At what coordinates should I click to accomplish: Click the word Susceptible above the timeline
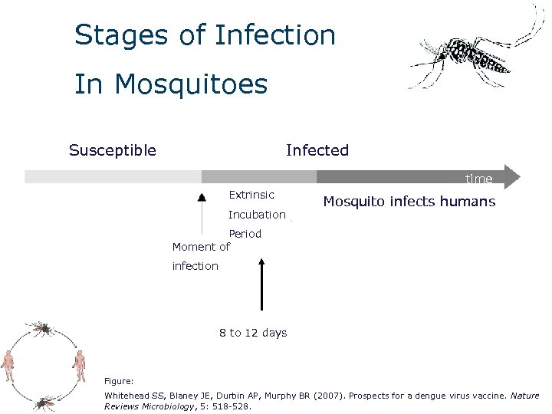pyautogui.click(x=113, y=150)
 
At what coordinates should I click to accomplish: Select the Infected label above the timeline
pyautogui.click(x=317, y=150)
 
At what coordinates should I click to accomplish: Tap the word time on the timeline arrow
pyautogui.click(x=478, y=179)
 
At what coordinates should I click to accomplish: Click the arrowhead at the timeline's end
pyautogui.click(x=513, y=177)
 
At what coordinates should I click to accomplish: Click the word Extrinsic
pyautogui.click(x=251, y=195)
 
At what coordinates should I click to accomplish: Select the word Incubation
pyautogui.click(x=257, y=215)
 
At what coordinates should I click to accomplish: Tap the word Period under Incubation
pyautogui.click(x=245, y=234)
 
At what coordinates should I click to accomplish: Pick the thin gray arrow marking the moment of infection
pyautogui.click(x=202, y=215)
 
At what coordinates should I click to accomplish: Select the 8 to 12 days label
pyautogui.click(x=253, y=333)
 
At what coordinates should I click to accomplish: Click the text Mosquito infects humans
pyautogui.click(x=409, y=202)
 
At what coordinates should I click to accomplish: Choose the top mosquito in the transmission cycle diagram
pyautogui.click(x=41, y=329)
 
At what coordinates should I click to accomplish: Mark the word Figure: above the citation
pyautogui.click(x=119, y=380)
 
